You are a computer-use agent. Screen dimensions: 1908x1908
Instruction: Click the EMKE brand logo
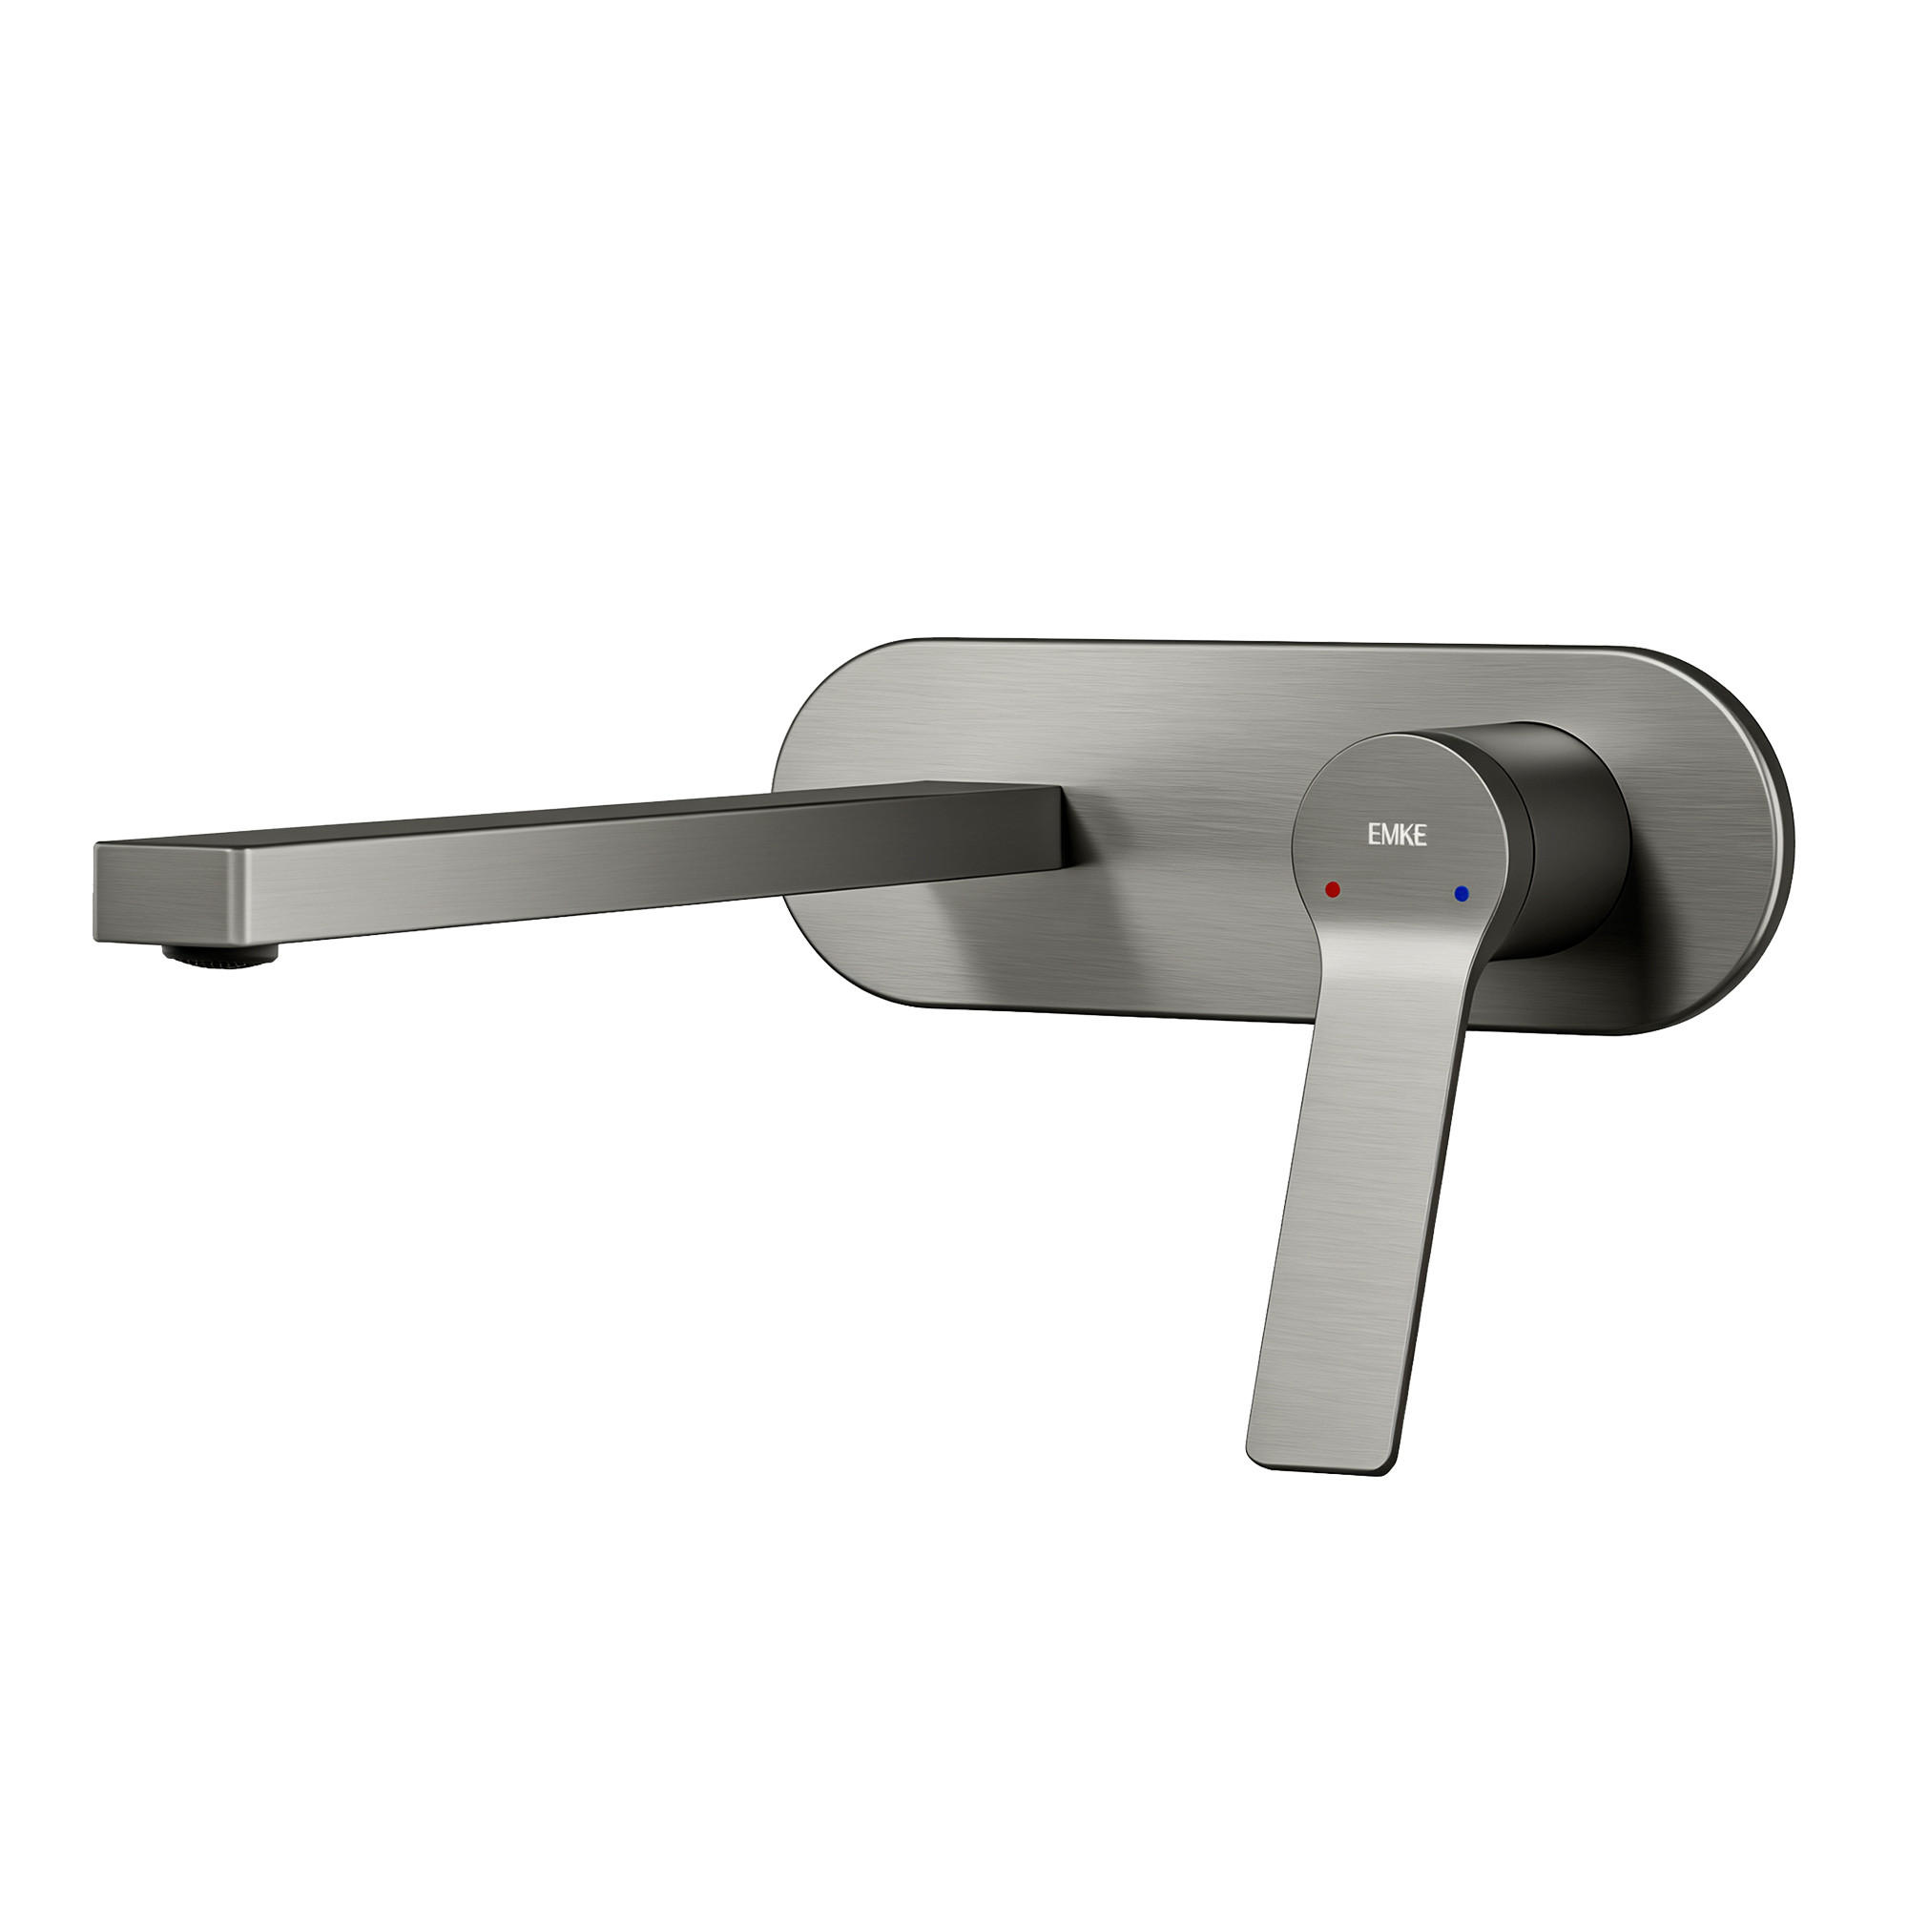pos(1397,836)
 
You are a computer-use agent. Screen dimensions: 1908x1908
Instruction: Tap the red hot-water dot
pos(1332,889)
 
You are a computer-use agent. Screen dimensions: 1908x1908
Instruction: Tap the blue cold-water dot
pos(1462,894)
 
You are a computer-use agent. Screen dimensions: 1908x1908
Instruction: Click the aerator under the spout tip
pos(220,954)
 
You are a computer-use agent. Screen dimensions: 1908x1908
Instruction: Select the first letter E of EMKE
pos(1374,836)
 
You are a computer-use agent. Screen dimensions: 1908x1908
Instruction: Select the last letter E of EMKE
pos(1420,836)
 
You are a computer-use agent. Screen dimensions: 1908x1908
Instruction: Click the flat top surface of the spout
pos(592,815)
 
